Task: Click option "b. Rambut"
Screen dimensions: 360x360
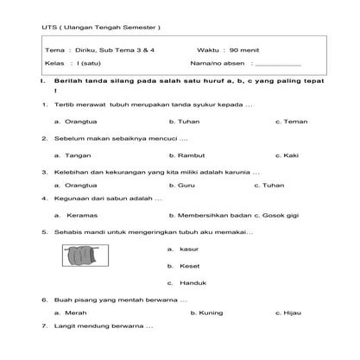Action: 186,155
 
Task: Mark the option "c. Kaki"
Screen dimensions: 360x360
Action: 287,155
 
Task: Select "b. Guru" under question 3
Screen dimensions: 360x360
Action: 181,185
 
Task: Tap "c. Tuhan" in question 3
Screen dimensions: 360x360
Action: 269,185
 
